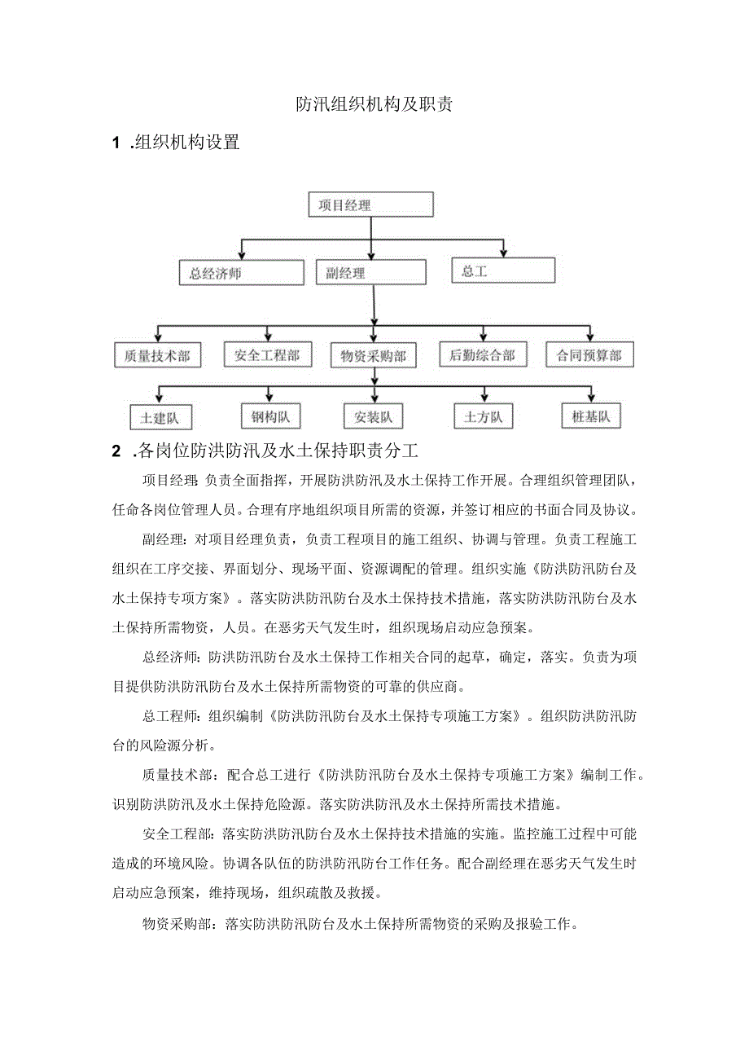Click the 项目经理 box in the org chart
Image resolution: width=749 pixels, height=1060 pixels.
[370, 205]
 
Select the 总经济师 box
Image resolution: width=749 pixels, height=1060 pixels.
[233, 272]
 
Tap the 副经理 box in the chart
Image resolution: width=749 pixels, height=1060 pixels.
[370, 272]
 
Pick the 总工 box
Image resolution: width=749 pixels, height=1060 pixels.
[503, 270]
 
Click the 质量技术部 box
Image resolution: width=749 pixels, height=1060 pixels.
[157, 355]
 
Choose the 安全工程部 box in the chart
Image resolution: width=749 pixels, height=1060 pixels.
[267, 355]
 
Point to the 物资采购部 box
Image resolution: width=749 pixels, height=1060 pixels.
[372, 356]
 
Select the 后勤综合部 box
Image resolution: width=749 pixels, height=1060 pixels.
[483, 355]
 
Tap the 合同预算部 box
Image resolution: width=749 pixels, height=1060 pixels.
[589, 355]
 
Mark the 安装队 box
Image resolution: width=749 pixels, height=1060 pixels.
[372, 417]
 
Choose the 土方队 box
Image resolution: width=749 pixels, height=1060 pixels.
[484, 417]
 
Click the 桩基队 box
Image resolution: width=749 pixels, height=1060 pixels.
[591, 416]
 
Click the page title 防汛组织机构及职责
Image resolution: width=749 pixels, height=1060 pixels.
[374, 104]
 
